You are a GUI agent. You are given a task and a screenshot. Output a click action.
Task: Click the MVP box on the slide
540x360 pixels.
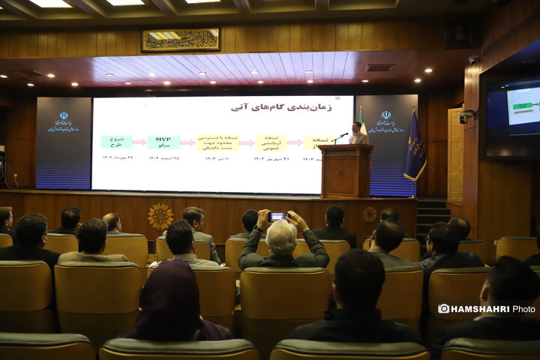click(163, 142)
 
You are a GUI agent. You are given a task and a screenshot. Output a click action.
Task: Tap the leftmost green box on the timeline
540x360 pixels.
click(116, 142)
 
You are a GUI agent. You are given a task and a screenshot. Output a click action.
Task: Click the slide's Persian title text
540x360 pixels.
click(281, 107)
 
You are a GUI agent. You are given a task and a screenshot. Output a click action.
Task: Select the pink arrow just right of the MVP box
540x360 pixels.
click(187, 142)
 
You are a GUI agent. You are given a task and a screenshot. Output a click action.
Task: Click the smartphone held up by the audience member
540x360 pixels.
click(277, 216)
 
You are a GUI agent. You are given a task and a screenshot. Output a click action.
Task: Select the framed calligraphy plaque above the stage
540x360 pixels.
click(181, 40)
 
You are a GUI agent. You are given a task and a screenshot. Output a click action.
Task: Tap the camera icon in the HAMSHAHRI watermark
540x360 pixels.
click(444, 308)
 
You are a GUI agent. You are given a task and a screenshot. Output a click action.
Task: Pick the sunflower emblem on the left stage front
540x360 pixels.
click(160, 216)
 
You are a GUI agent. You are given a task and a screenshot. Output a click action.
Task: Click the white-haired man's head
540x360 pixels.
click(281, 237)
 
